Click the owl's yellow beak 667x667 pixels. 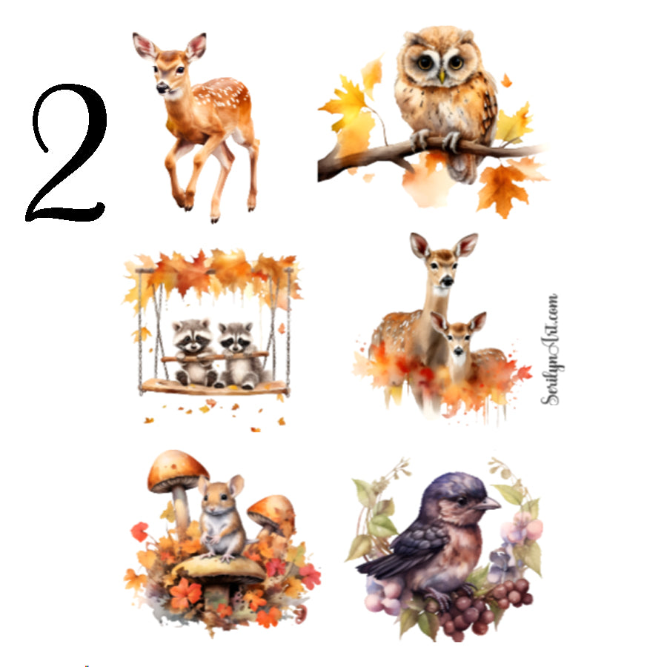click(x=442, y=75)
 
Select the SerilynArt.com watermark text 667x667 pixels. click(x=550, y=349)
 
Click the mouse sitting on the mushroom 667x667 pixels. click(x=221, y=519)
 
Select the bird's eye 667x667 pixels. click(x=461, y=500)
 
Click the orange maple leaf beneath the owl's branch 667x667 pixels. click(x=504, y=185)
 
